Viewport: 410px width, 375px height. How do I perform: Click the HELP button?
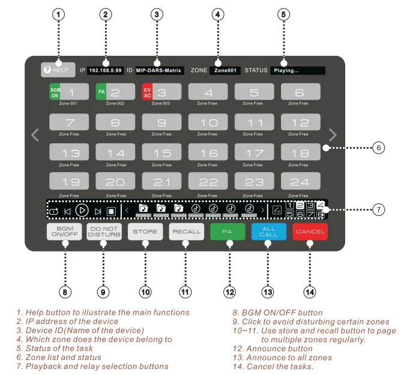tap(58, 70)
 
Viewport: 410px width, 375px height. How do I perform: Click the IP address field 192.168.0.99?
tap(105, 70)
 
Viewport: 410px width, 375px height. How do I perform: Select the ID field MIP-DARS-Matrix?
tap(159, 70)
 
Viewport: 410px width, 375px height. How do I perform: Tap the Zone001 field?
tap(225, 70)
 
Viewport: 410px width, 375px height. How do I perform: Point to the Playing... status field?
tap(297, 70)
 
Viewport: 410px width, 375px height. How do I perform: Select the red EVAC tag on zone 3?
tap(147, 92)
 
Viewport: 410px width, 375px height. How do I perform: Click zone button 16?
tap(208, 152)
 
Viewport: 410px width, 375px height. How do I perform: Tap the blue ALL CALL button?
tap(268, 232)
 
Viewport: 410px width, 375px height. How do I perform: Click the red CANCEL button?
tap(310, 232)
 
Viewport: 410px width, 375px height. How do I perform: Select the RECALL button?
tap(186, 232)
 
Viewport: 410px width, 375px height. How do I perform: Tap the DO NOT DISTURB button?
tap(104, 232)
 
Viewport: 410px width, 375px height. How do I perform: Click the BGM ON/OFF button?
tap(64, 232)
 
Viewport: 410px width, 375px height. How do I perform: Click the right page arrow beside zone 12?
tap(333, 135)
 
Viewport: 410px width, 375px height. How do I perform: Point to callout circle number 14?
tap(310, 292)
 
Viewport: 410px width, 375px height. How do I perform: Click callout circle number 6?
tap(378, 148)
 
